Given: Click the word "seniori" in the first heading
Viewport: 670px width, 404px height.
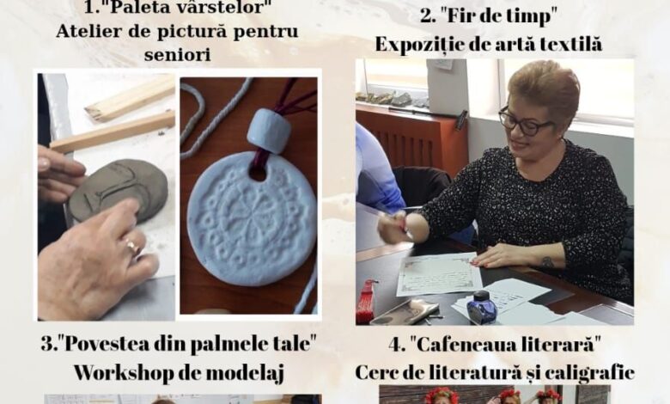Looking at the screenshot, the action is point(177,55).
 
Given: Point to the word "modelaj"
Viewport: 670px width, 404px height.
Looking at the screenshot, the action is point(246,374).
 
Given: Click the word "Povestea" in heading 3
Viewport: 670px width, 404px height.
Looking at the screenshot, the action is point(93,344).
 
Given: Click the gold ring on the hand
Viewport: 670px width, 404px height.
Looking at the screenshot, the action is point(133,247).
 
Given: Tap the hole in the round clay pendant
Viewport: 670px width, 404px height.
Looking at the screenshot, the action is point(259,174).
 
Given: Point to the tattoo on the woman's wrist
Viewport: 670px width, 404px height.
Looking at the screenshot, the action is point(548,260).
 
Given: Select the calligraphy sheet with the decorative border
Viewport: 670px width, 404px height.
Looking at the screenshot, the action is point(439,273).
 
